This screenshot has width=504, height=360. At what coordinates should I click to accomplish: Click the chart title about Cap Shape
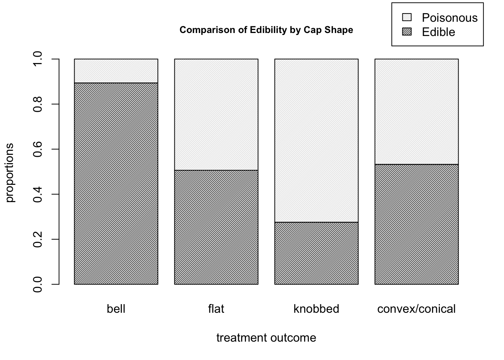click(266, 30)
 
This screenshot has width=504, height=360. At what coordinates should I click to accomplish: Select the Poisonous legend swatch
click(407, 17)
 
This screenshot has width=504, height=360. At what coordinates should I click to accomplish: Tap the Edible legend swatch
click(407, 32)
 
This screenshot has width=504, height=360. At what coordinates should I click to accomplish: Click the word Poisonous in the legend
click(450, 18)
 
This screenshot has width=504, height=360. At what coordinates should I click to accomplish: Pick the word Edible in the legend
click(438, 32)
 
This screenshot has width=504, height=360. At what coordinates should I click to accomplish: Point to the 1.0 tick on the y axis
click(38, 59)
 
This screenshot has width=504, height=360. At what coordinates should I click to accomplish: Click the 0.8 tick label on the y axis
click(38, 104)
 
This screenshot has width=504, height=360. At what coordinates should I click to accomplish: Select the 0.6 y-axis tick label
click(38, 149)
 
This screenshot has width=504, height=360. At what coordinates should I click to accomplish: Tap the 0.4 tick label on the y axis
click(38, 194)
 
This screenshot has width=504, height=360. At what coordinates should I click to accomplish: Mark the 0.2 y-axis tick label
click(38, 239)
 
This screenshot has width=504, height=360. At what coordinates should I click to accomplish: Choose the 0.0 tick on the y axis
click(38, 284)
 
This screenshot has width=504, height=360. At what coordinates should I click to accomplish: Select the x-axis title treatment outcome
click(266, 338)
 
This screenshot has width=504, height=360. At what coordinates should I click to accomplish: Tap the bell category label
click(116, 309)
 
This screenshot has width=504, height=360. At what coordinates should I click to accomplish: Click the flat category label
click(216, 309)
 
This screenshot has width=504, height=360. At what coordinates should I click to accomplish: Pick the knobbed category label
click(316, 309)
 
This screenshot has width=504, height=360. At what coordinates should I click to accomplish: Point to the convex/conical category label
click(417, 309)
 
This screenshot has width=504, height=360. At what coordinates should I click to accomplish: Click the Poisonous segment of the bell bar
click(116, 71)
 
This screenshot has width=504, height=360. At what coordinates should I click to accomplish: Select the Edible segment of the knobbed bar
click(316, 253)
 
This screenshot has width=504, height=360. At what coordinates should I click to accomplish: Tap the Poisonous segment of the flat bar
click(216, 114)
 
